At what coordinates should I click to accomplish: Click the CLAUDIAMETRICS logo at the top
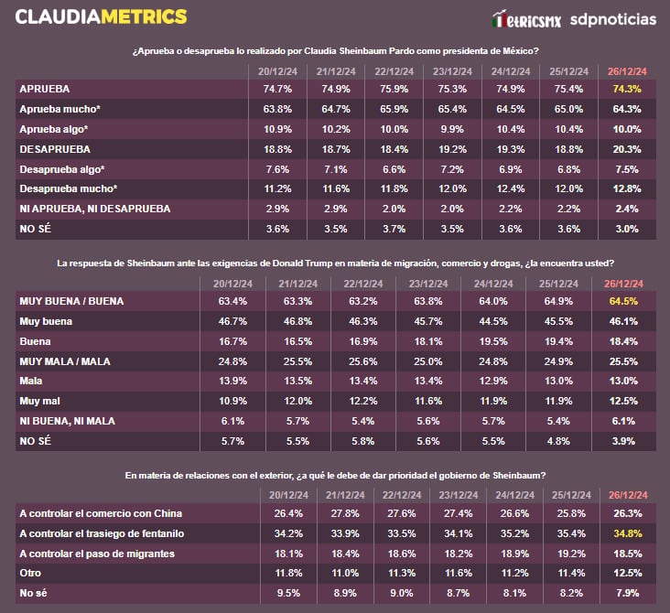pyautogui.click(x=101, y=16)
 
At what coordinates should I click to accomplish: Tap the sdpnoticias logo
pyautogui.click(x=612, y=18)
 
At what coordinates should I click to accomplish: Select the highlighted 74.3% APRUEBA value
pyautogui.click(x=621, y=89)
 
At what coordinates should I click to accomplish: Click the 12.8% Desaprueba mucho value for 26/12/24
pyautogui.click(x=621, y=188)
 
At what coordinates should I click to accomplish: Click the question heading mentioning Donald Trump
pyautogui.click(x=334, y=263)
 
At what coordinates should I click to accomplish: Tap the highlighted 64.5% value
pyautogui.click(x=621, y=301)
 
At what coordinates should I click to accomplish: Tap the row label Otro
pyautogui.click(x=31, y=574)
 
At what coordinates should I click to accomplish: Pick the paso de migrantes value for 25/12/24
pyautogui.click(x=568, y=554)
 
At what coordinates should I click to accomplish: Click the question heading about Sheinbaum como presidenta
pyautogui.click(x=334, y=50)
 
